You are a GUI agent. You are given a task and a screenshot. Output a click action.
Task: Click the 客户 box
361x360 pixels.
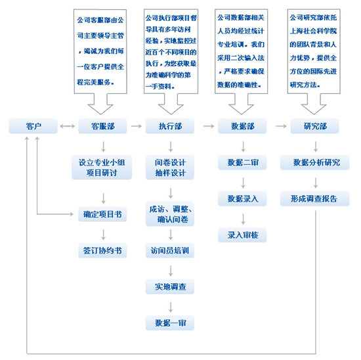(x=33, y=126)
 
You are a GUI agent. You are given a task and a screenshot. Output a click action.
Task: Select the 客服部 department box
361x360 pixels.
(x=102, y=126)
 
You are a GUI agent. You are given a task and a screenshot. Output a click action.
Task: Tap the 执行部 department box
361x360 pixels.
(x=170, y=126)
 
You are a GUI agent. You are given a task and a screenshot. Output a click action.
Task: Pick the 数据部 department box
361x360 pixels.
(x=242, y=126)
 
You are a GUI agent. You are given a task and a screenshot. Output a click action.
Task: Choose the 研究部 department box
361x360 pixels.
(x=314, y=126)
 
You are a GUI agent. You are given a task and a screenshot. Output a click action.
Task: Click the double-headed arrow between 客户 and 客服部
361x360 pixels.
(x=68, y=126)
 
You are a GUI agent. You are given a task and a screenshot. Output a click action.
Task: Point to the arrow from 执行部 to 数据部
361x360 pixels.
(x=209, y=126)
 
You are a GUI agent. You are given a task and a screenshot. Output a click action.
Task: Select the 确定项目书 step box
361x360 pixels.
(x=102, y=214)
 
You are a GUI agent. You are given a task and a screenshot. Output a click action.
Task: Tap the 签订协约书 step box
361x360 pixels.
(x=102, y=250)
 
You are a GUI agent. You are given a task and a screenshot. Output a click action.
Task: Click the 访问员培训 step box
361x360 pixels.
(x=170, y=250)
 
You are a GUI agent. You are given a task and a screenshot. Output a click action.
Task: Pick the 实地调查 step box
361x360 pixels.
(x=170, y=286)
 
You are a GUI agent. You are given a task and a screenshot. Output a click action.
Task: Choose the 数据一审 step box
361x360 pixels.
(x=170, y=323)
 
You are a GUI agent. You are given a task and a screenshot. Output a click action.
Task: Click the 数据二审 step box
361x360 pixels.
(x=242, y=162)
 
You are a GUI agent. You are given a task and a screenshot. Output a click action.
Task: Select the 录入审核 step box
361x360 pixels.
(x=242, y=235)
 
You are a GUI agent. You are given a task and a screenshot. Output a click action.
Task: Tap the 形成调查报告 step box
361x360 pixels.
(x=314, y=198)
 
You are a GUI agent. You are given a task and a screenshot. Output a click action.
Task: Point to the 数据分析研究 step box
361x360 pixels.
(x=314, y=162)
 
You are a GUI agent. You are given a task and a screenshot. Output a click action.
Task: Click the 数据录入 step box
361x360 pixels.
(x=242, y=198)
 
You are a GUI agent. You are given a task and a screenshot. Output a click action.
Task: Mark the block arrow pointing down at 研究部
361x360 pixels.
(x=314, y=104)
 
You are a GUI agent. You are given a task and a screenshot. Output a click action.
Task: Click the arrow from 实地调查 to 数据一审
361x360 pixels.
(x=171, y=307)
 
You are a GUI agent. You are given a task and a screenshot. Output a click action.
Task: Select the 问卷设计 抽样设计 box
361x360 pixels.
(x=170, y=168)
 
